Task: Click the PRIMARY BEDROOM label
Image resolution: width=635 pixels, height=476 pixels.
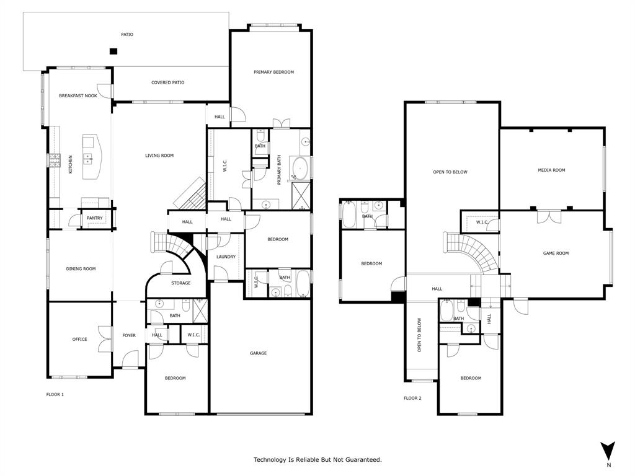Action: [273, 72]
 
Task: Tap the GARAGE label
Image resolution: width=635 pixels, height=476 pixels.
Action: [259, 353]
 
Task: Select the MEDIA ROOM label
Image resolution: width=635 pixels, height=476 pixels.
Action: [551, 170]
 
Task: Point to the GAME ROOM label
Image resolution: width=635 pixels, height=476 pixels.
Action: [556, 253]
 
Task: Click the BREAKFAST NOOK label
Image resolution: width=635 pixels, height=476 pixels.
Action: [78, 95]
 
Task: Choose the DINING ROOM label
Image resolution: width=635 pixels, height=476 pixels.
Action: [81, 268]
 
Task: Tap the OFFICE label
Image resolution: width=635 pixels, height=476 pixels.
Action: [79, 339]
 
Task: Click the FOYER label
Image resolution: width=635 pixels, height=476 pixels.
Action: [129, 335]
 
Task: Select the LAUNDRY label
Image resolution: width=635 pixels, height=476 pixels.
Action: [226, 257]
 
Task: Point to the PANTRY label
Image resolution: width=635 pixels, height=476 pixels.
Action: [94, 218]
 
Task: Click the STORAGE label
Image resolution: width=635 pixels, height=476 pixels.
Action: [181, 283]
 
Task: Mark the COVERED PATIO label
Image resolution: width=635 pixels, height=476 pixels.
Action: [168, 82]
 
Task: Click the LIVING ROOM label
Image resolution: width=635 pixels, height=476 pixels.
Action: [159, 156]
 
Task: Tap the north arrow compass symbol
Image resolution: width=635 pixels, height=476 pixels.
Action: [608, 451]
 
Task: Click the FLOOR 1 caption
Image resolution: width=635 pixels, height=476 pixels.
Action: [55, 394]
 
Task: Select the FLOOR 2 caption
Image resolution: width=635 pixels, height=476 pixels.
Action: [412, 398]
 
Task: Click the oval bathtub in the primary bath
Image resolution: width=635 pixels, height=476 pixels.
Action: [301, 168]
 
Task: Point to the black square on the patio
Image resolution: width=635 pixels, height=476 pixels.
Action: [113, 51]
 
